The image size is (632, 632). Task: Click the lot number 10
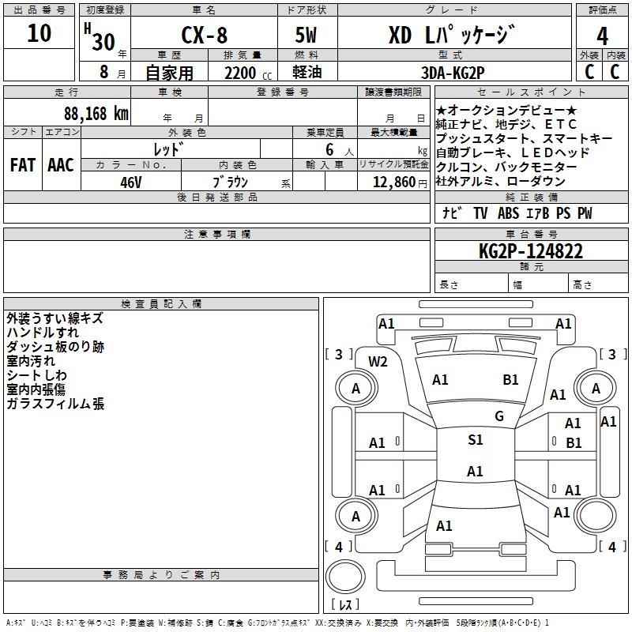[x=39, y=34]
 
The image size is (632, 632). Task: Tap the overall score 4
[x=602, y=36]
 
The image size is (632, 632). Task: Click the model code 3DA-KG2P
[x=453, y=73]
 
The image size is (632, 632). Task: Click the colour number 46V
[x=130, y=181]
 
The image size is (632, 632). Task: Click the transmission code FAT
[x=22, y=164]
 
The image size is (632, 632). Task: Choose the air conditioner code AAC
[x=61, y=164]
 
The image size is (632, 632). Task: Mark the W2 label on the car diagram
[x=378, y=362]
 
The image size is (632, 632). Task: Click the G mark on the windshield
[x=498, y=416]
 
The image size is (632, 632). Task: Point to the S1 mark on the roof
[x=475, y=440]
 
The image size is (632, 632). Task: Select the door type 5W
[x=307, y=36]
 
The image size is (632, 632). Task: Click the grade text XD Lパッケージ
[x=452, y=36]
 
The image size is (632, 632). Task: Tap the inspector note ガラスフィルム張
[x=55, y=404]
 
